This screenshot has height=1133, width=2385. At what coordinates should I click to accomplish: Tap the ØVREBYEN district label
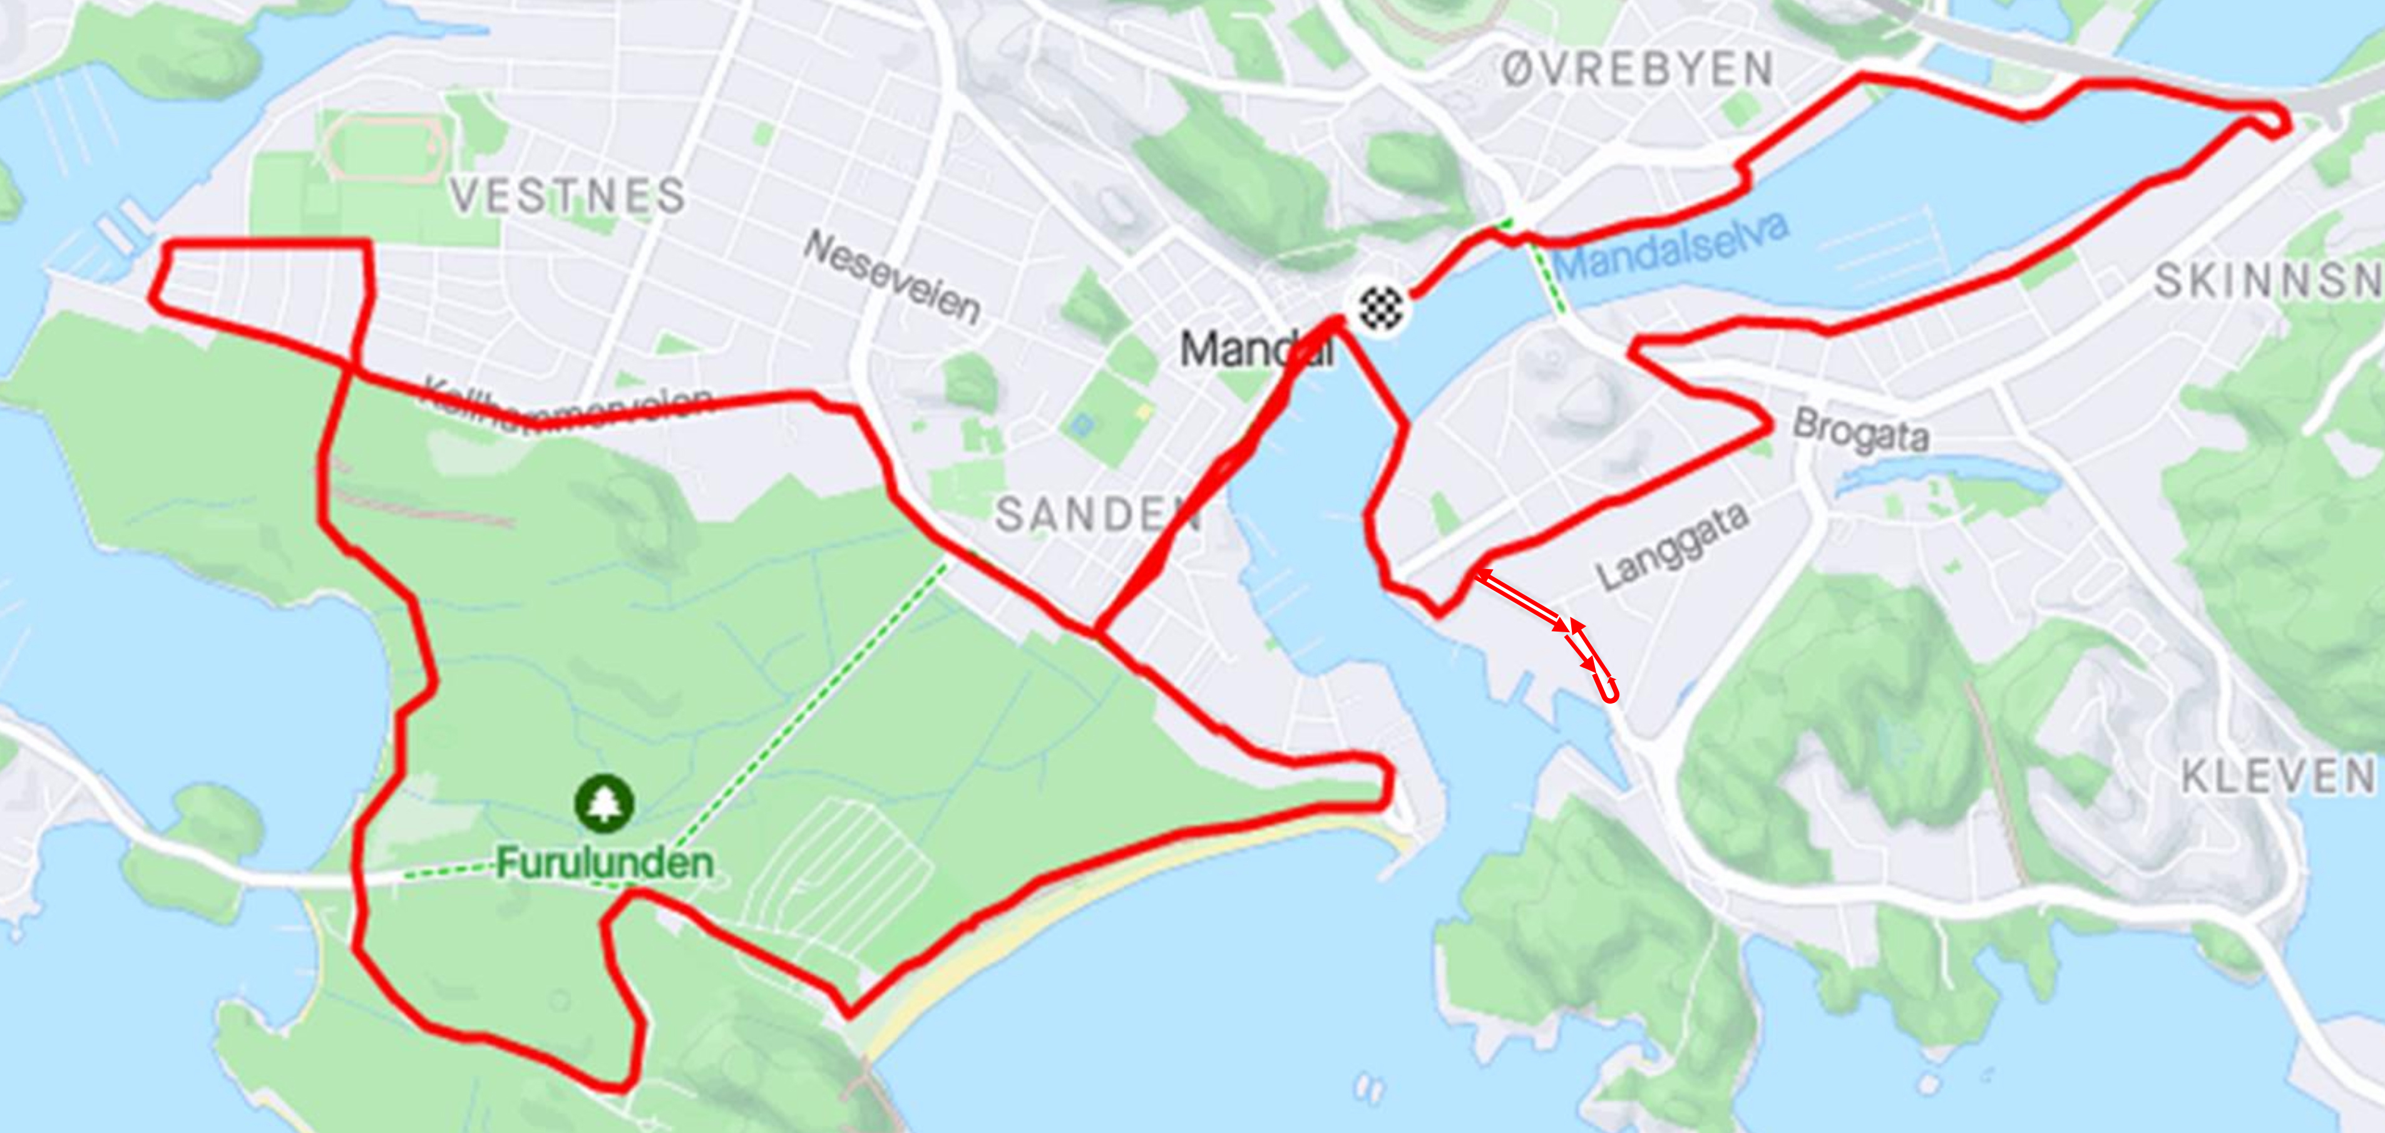(1636, 69)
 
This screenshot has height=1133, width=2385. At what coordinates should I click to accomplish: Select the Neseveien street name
(891, 278)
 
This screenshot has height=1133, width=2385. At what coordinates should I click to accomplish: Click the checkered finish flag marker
(1380, 307)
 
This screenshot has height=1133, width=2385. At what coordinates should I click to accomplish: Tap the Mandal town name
(1254, 350)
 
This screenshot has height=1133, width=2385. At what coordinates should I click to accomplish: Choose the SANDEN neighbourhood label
(1097, 515)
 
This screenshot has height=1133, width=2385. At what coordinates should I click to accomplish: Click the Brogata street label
(1861, 431)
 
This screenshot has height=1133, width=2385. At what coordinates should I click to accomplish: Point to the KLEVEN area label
(2277, 777)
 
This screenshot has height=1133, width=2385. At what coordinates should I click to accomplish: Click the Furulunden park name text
(605, 863)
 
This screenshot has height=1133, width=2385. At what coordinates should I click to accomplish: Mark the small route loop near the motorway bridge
(2273, 121)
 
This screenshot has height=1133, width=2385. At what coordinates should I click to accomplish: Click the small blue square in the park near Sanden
(1080, 426)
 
